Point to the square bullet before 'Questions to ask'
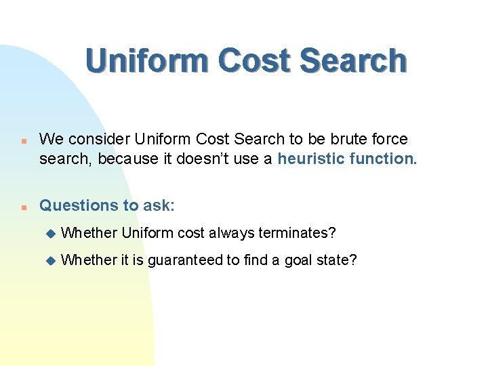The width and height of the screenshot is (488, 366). [x=23, y=207]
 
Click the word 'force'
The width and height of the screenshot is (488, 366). [x=390, y=139]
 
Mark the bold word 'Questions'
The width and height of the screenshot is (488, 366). [x=75, y=205]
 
